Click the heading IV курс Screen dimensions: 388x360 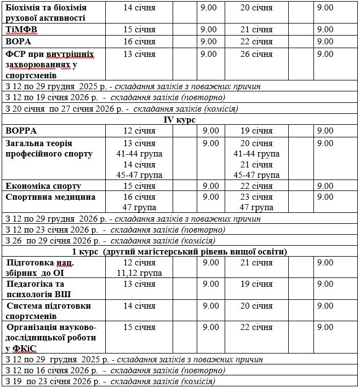(x=180, y=120)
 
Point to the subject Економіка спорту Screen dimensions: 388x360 (x=43, y=186)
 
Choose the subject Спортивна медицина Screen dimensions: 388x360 (x=50, y=197)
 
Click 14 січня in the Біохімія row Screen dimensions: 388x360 (x=139, y=8)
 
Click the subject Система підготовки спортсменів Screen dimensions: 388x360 (x=48, y=311)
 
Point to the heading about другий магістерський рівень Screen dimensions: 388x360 (x=180, y=252)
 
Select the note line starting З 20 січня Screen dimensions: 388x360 (x=121, y=109)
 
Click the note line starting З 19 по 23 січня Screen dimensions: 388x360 (x=110, y=382)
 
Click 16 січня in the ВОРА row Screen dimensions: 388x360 (x=139, y=42)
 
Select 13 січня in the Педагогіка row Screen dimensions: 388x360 (x=139, y=285)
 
